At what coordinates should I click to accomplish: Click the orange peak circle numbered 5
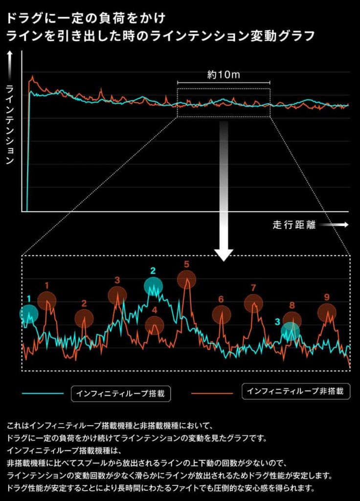click(186, 279)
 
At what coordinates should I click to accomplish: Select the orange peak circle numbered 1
click(47, 300)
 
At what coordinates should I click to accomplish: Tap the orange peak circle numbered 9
click(327, 312)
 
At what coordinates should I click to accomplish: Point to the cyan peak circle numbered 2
click(153, 286)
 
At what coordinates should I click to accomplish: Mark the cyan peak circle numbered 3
click(290, 331)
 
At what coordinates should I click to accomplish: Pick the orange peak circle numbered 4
click(155, 325)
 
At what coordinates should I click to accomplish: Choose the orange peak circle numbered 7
click(253, 303)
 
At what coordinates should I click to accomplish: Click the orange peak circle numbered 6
click(221, 315)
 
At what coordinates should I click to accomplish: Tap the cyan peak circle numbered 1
click(29, 313)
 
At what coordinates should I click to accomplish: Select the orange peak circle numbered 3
click(117, 295)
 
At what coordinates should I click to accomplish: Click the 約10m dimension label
click(224, 75)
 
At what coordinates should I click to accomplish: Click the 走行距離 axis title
click(294, 225)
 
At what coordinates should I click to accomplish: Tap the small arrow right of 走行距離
click(335, 225)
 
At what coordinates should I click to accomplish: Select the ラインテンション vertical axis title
click(9, 124)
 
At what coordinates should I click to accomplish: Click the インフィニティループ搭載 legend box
click(121, 393)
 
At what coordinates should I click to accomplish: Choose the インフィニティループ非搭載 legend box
click(296, 391)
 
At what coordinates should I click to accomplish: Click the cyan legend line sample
click(43, 393)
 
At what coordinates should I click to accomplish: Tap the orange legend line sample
click(212, 393)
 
